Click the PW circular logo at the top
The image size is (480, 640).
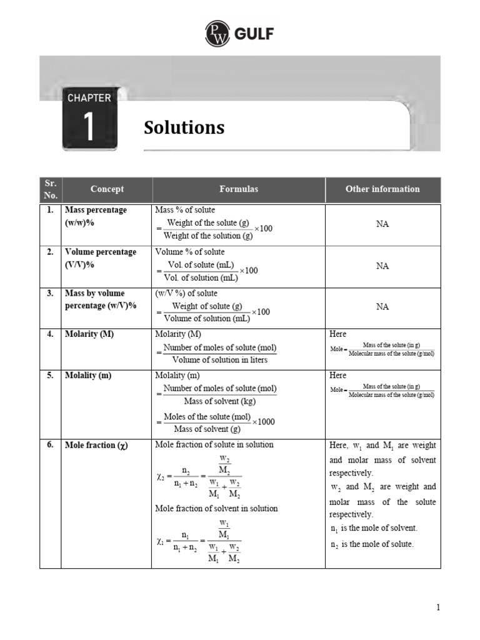(x=217, y=33)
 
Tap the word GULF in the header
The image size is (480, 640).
(x=254, y=34)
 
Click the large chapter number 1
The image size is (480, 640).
(x=89, y=127)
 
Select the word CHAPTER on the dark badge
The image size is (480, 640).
(x=89, y=97)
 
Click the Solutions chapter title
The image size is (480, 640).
(x=184, y=127)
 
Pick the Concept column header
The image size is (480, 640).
(x=107, y=189)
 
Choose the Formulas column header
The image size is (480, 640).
(x=239, y=189)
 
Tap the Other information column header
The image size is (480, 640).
(x=382, y=189)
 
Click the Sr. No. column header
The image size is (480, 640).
(x=51, y=189)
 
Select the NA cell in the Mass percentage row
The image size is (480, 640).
(x=382, y=224)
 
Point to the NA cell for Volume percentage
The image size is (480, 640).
(x=382, y=266)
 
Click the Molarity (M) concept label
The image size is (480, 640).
(x=89, y=334)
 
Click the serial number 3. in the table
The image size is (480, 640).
(x=50, y=293)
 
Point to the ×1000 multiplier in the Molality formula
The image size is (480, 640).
(x=264, y=422)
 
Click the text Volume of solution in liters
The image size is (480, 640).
(x=219, y=359)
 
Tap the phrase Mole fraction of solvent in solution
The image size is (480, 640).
(x=216, y=508)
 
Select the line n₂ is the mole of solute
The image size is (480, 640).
(x=372, y=544)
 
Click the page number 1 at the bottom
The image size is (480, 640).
(x=438, y=607)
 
